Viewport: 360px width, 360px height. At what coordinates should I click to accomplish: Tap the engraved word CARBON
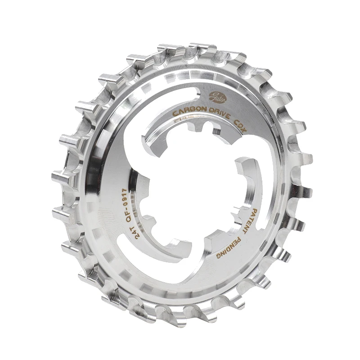click(189, 110)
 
